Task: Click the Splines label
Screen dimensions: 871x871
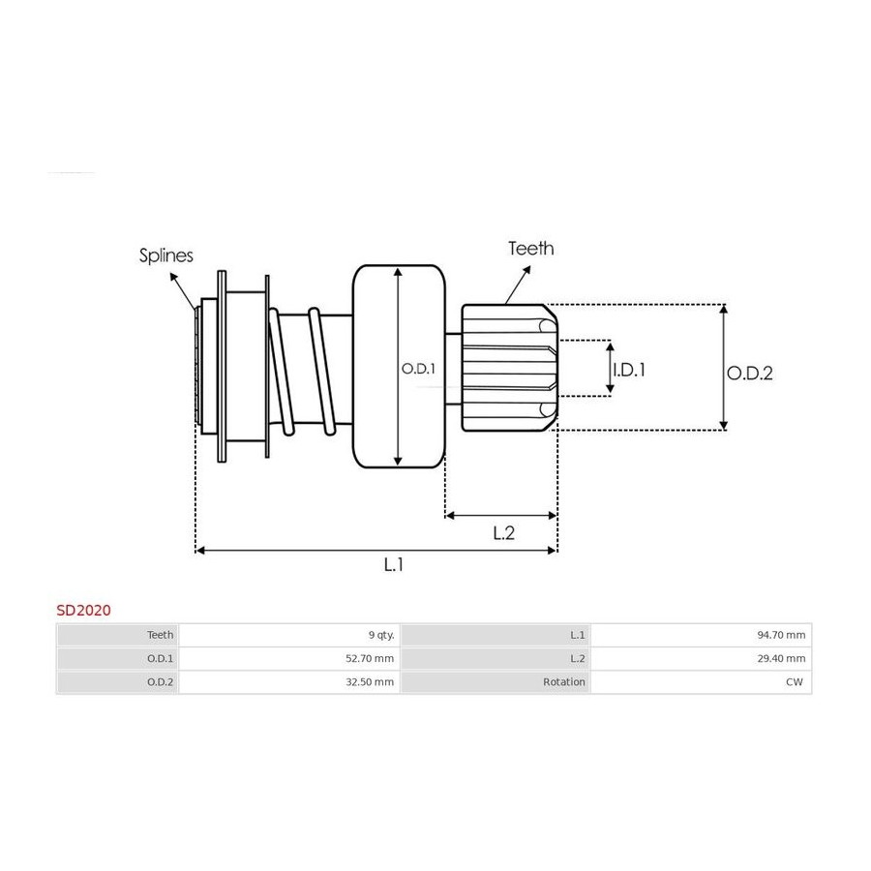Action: click(x=166, y=255)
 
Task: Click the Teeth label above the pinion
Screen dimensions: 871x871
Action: click(x=531, y=249)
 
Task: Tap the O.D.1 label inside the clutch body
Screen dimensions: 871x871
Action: click(x=418, y=369)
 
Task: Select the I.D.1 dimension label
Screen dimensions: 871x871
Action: click(x=629, y=370)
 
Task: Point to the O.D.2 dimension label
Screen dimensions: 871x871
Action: click(x=749, y=373)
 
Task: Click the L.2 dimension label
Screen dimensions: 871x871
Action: click(x=504, y=533)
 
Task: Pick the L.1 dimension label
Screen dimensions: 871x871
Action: click(x=393, y=565)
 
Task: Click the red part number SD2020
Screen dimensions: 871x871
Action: click(x=84, y=610)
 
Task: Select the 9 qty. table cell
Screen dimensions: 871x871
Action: click(x=381, y=635)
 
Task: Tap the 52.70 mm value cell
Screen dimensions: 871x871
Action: click(x=370, y=658)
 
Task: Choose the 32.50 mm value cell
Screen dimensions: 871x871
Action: click(x=370, y=681)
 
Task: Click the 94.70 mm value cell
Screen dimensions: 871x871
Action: click(x=781, y=635)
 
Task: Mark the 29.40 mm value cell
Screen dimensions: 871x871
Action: click(x=781, y=658)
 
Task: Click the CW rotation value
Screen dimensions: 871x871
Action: click(x=795, y=681)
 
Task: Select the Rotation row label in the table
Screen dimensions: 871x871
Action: click(x=564, y=681)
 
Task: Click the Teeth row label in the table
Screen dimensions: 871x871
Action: click(x=160, y=635)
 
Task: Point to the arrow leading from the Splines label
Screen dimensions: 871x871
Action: click(x=183, y=291)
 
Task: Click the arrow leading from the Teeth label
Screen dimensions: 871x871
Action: click(x=518, y=285)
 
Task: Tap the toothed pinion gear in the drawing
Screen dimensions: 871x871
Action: click(x=509, y=368)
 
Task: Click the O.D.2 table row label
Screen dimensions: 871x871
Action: click(x=160, y=681)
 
